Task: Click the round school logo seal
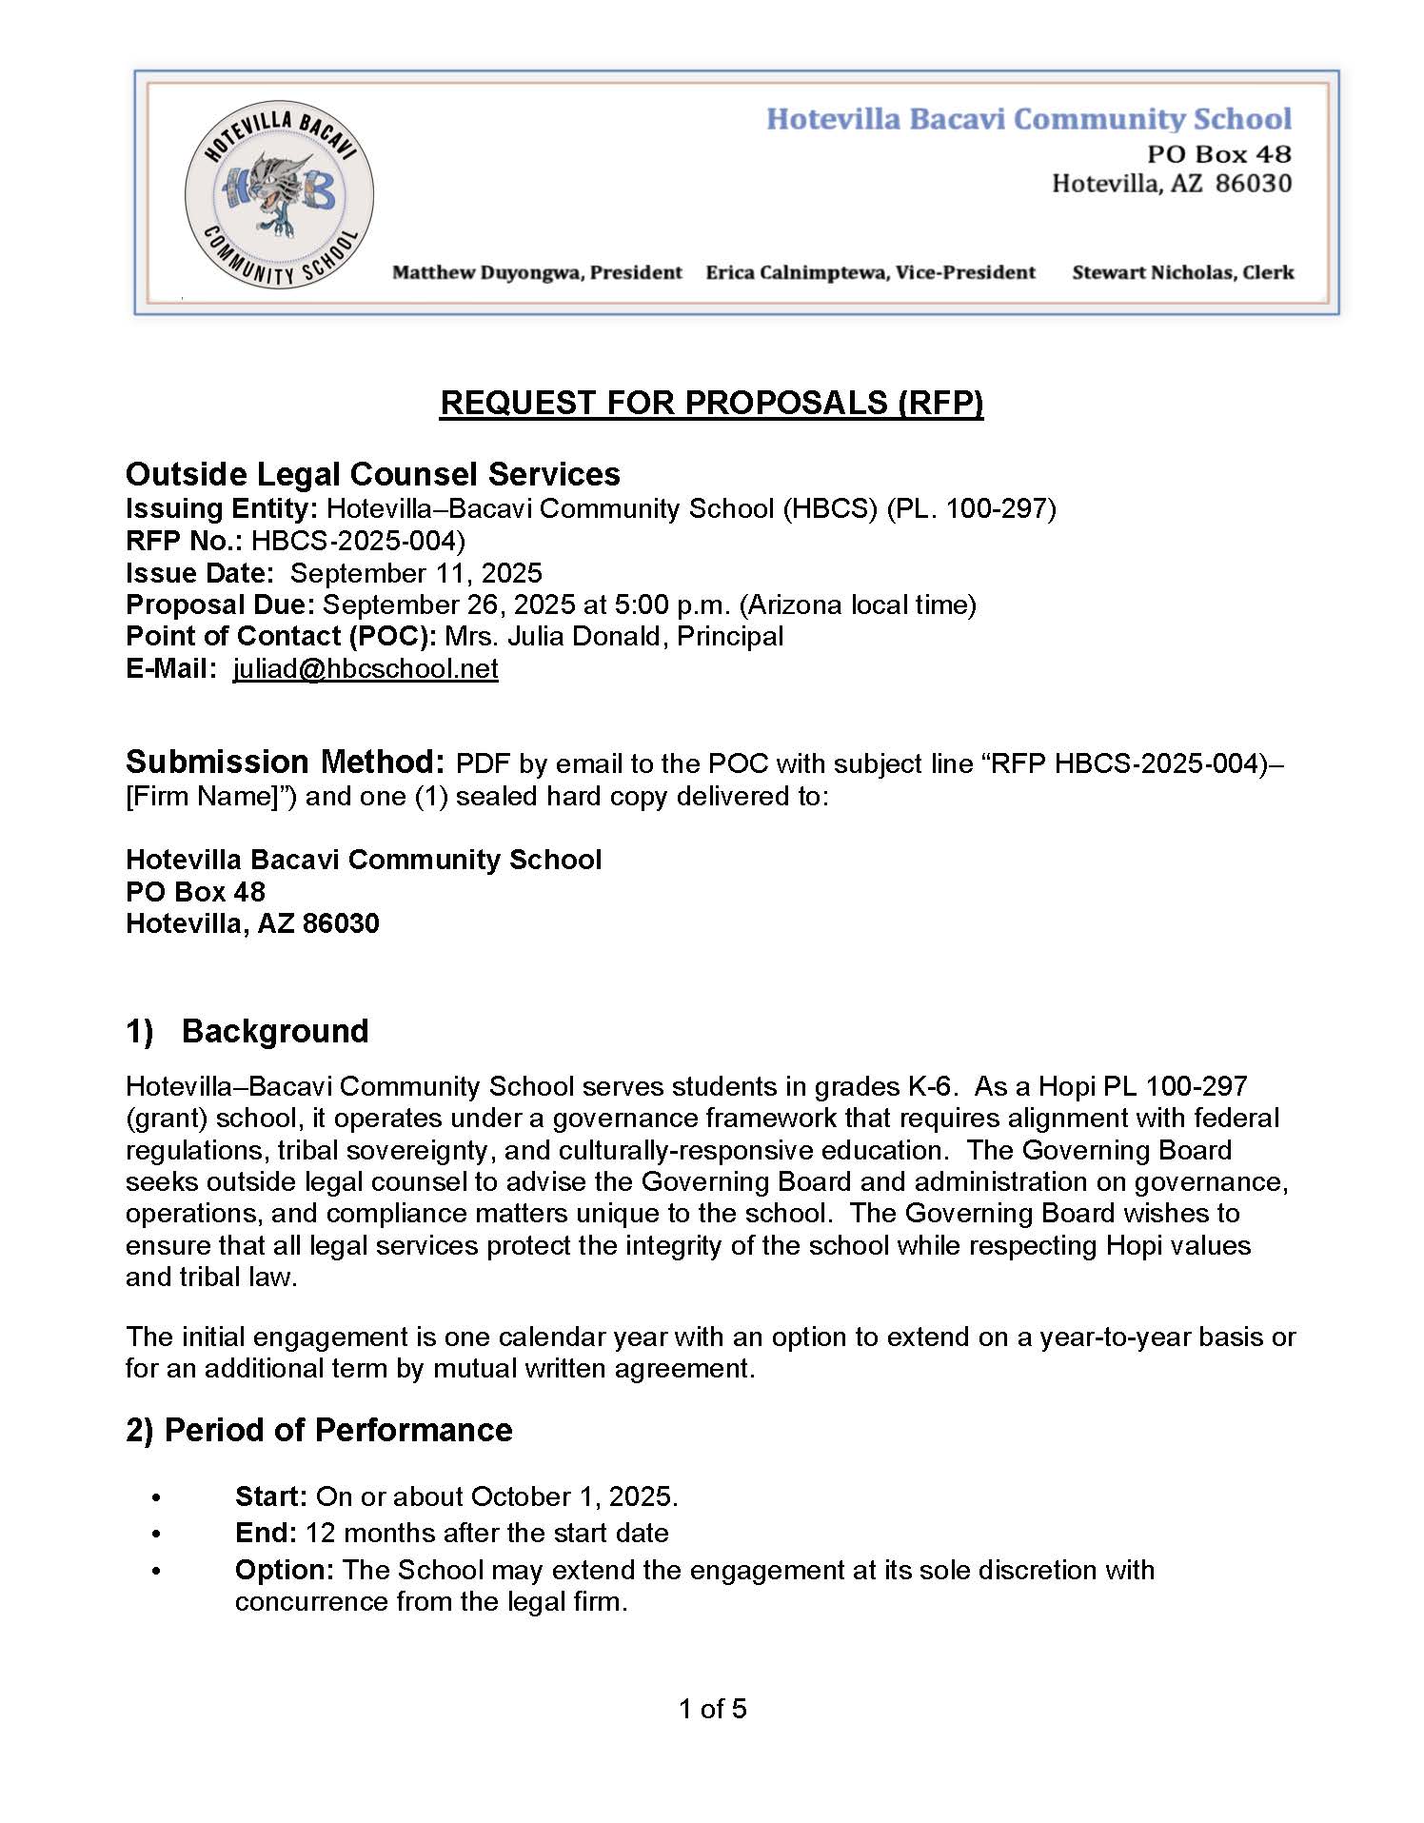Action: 279,195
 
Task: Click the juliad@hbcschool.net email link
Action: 366,668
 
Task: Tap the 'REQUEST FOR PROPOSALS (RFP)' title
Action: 711,403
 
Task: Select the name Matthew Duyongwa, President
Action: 537,273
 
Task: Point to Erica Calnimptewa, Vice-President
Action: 870,273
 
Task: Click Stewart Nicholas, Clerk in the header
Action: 1182,273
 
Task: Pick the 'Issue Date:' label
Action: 200,573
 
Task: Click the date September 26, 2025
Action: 449,604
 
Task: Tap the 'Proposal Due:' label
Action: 220,604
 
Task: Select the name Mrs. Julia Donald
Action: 553,636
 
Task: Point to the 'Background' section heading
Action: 274,1031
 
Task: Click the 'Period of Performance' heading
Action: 338,1430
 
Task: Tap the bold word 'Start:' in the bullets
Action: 270,1496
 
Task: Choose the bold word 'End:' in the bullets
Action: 266,1533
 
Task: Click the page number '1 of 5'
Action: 712,1709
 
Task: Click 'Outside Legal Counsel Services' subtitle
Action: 372,474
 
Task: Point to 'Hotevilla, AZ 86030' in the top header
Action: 1171,184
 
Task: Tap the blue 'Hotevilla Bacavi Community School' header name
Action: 1029,119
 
